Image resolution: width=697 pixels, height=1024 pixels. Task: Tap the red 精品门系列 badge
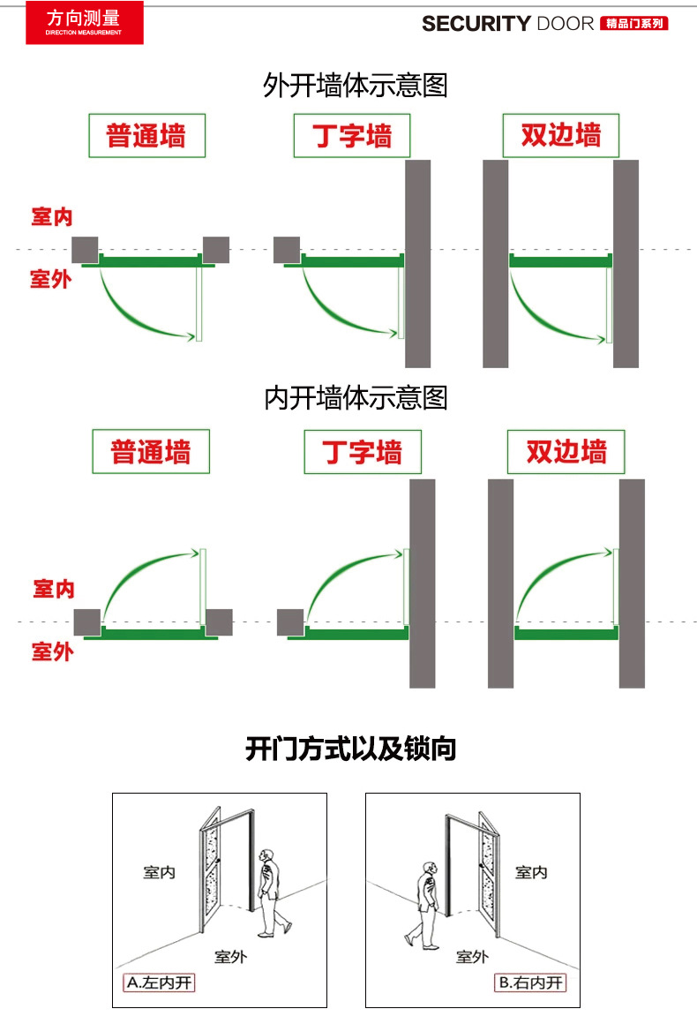point(633,24)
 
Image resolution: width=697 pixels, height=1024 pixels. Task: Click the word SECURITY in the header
point(476,24)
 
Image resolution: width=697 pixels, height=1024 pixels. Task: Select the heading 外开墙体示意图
point(356,86)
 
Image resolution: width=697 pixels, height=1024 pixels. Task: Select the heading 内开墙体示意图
point(356,398)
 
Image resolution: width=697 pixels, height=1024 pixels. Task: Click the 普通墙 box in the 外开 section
point(146,136)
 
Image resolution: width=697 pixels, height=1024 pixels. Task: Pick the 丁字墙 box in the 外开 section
point(352,136)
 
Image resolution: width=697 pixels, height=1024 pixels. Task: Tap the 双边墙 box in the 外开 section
point(560,136)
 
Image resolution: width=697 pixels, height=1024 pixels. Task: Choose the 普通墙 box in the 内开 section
point(151,452)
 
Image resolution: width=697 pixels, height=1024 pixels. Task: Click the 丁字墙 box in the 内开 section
point(363,452)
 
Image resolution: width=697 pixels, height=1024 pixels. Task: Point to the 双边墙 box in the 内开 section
point(566,452)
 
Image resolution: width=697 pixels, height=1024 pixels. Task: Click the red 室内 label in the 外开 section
point(51,217)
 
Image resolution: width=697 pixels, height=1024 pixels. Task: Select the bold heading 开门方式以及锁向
point(350,750)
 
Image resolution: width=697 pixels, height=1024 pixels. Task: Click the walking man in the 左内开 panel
point(270,892)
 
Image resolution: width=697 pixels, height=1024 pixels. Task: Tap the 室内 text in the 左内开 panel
point(160,872)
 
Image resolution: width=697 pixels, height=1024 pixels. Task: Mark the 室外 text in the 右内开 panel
point(472,956)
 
